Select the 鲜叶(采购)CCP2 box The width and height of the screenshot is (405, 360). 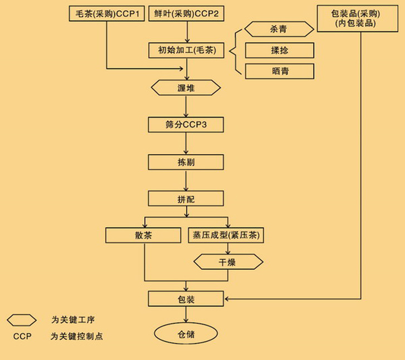(187, 14)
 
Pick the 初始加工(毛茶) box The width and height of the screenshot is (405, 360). (187, 51)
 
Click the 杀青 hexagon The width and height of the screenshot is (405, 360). (279, 29)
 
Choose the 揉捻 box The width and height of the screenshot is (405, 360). (279, 51)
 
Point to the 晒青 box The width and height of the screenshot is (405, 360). (279, 71)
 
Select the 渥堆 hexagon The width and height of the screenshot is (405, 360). (186, 88)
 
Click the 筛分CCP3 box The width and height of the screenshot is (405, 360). (186, 125)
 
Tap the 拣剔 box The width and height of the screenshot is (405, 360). (186, 162)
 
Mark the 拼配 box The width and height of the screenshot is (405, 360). (186, 199)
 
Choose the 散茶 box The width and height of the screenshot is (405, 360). (144, 235)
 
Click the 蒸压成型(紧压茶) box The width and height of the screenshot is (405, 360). (227, 235)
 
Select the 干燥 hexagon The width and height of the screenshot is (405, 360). (228, 262)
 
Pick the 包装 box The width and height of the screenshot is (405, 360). (186, 299)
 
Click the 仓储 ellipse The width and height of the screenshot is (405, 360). (186, 334)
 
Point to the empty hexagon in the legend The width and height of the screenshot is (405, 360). (22, 320)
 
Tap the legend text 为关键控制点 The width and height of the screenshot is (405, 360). (77, 336)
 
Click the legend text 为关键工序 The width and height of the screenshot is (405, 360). (72, 320)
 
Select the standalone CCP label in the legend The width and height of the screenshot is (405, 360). (22, 336)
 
